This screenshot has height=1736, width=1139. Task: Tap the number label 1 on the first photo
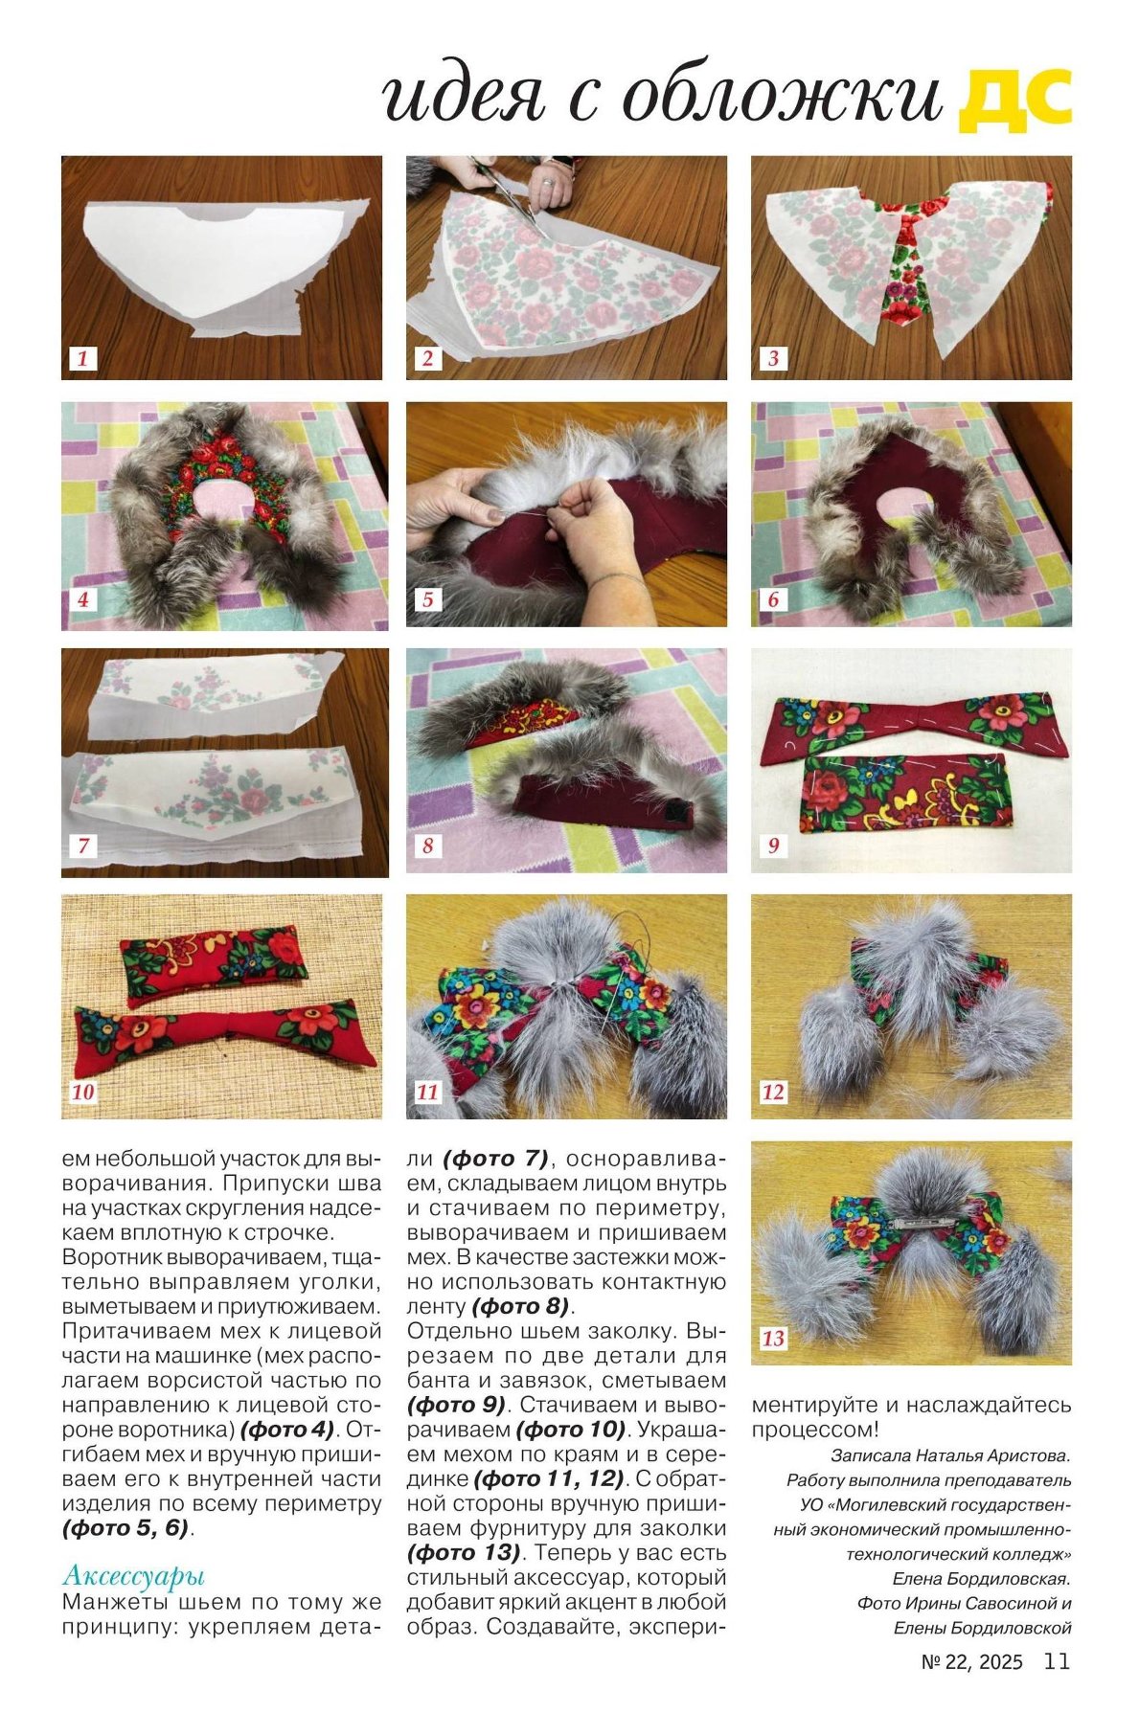tap(83, 359)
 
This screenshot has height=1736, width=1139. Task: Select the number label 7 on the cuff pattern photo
tap(83, 845)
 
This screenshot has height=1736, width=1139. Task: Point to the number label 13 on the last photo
tap(773, 1339)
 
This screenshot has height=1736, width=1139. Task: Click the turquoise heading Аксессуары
tap(133, 1575)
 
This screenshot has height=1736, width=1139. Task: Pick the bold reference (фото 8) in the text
tap(520, 1306)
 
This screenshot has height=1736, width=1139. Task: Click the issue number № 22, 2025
tap(971, 1662)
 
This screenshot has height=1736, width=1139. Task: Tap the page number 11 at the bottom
tap(1057, 1661)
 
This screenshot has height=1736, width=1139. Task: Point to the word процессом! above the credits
tap(814, 1431)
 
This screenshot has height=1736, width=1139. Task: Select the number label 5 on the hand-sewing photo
tap(428, 600)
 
